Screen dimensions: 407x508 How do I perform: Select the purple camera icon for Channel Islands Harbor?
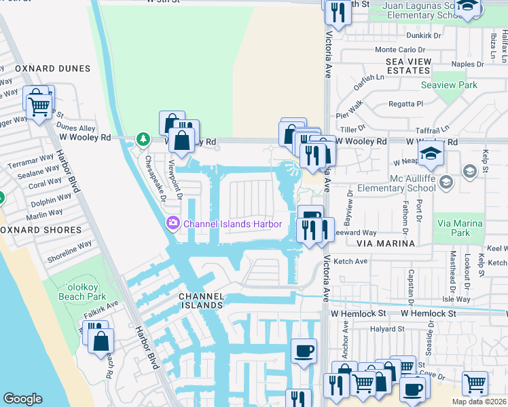(x=173, y=223)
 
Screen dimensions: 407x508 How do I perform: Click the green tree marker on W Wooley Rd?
(x=143, y=139)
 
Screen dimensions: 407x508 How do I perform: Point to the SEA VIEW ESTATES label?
(x=408, y=66)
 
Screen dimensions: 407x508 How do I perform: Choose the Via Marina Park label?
(x=460, y=228)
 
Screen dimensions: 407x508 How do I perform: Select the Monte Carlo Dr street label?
(x=399, y=50)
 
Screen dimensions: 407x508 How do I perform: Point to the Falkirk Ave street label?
(x=102, y=307)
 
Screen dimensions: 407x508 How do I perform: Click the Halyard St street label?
(x=386, y=329)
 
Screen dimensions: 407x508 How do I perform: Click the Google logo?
(x=22, y=399)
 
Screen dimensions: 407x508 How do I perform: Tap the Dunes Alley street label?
(x=76, y=128)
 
